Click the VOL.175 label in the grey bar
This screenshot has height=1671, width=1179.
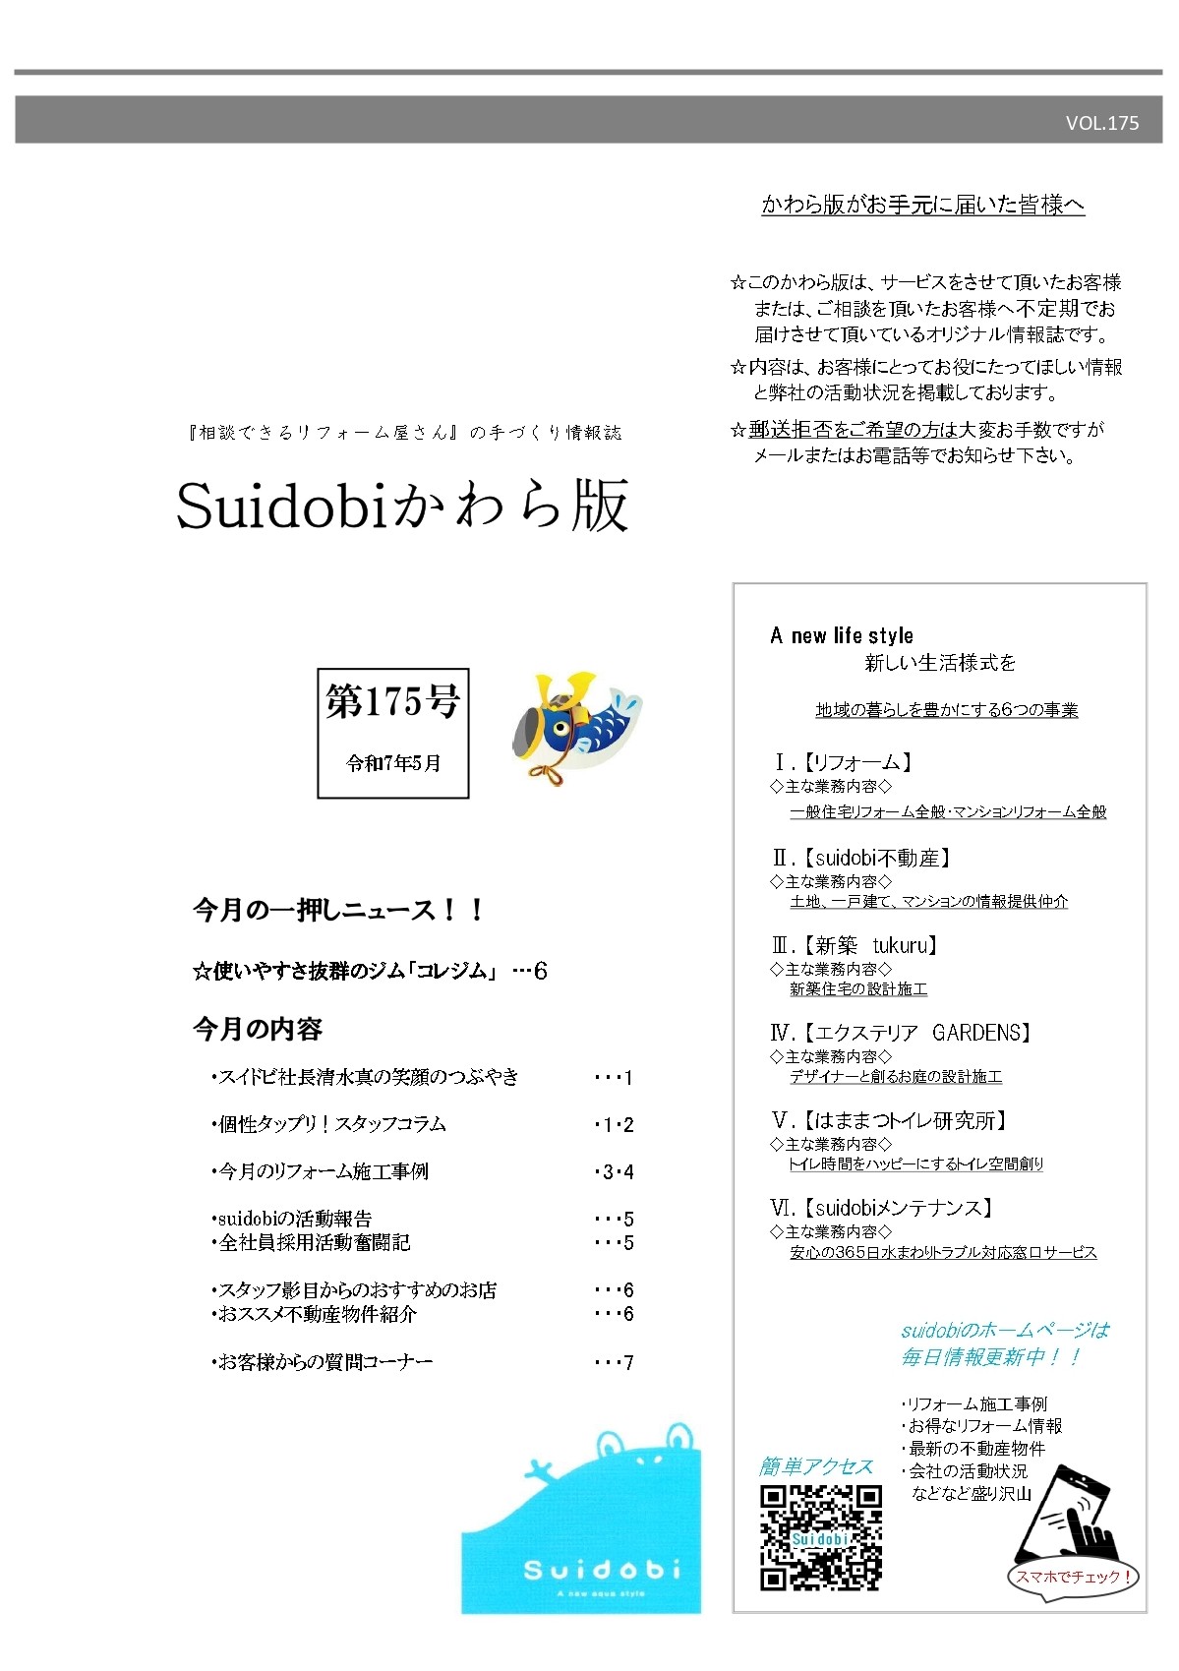(x=1101, y=123)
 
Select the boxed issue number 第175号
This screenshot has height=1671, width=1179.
(x=392, y=702)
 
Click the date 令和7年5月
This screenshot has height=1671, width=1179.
(x=393, y=763)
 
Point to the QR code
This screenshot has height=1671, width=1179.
(x=821, y=1537)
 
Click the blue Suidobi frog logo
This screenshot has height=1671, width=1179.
(x=582, y=1520)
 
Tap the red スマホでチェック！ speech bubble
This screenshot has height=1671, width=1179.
(x=1072, y=1577)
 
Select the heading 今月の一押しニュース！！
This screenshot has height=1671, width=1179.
(x=339, y=910)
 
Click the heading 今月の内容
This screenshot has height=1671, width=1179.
(x=258, y=1029)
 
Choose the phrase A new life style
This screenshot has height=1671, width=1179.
(x=842, y=635)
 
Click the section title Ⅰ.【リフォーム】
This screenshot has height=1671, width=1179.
(x=844, y=762)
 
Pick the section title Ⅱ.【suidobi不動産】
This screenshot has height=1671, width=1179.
(x=862, y=858)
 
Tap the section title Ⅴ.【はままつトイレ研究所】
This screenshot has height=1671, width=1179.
(x=891, y=1120)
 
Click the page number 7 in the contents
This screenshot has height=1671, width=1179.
(x=628, y=1363)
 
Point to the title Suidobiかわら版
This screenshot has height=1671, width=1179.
(x=402, y=507)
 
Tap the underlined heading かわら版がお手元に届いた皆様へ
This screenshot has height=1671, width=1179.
(x=923, y=205)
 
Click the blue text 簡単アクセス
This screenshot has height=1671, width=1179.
(x=815, y=1466)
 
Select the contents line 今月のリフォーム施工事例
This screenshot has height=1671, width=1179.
(x=321, y=1171)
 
